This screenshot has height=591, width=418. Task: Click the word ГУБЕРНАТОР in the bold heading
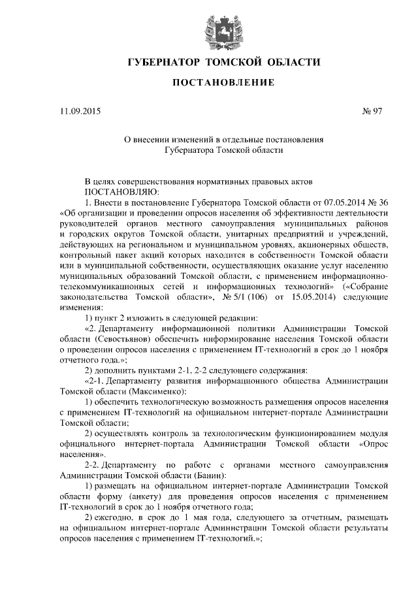(163, 63)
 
